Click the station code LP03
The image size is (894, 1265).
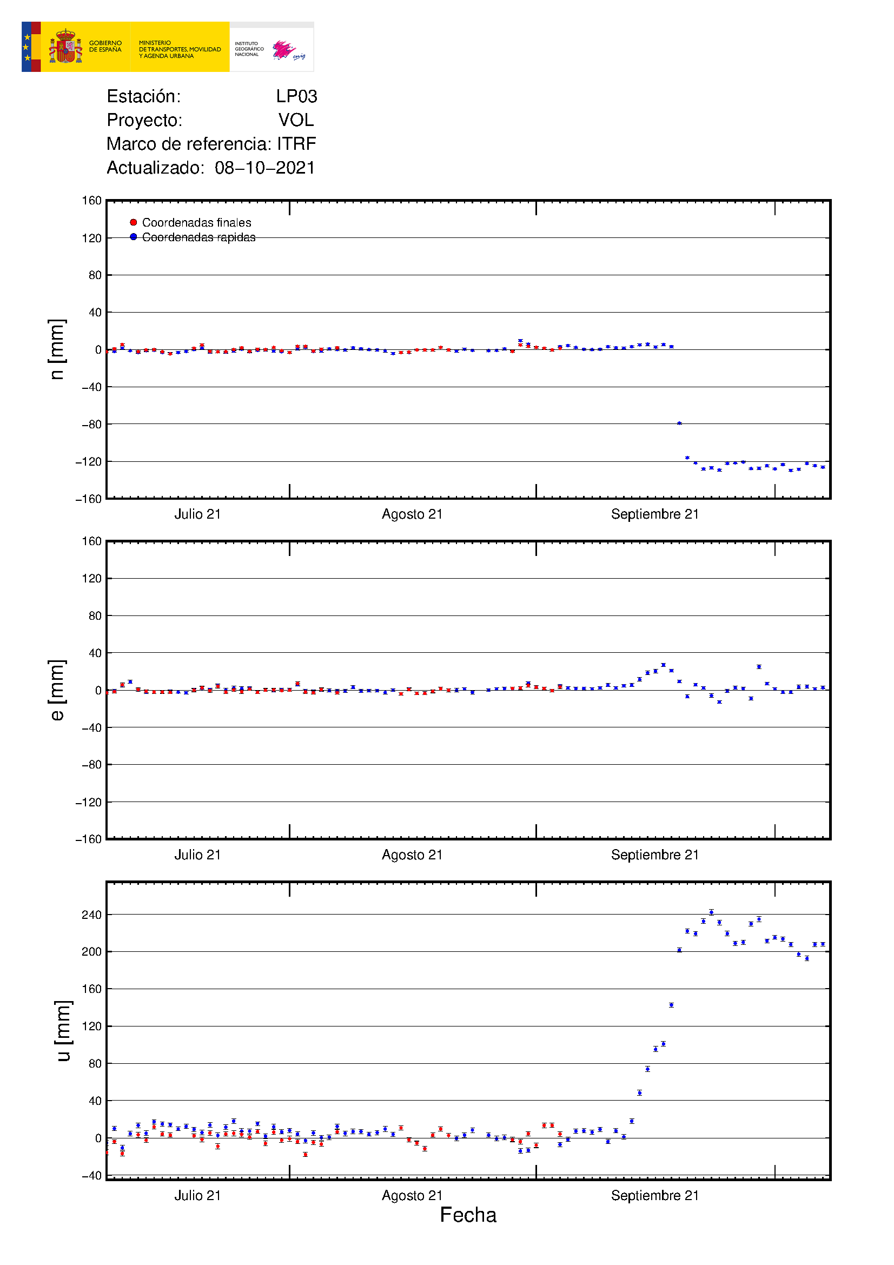coord(296,96)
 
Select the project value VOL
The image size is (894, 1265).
coord(296,120)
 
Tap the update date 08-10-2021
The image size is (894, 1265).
coord(265,168)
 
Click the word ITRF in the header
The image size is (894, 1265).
coord(296,144)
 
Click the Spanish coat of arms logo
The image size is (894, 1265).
coord(65,47)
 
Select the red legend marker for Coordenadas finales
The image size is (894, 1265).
coord(133,223)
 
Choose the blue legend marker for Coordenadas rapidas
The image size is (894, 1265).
coord(133,237)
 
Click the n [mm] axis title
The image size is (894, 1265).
coord(57,349)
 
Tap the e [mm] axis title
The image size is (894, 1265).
coord(57,690)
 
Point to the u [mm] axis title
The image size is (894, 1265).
coord(63,1030)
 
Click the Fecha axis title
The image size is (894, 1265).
coord(468,1215)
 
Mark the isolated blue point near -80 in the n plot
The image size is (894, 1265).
coord(679,423)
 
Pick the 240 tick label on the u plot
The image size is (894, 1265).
coord(91,915)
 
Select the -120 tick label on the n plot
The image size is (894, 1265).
coord(89,462)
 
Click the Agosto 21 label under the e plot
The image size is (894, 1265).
coord(412,855)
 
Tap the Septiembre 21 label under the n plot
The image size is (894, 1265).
coord(655,514)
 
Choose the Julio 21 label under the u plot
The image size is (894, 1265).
coord(198,1195)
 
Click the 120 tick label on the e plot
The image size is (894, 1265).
coord(91,579)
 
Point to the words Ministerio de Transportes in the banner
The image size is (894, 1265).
coord(180,49)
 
